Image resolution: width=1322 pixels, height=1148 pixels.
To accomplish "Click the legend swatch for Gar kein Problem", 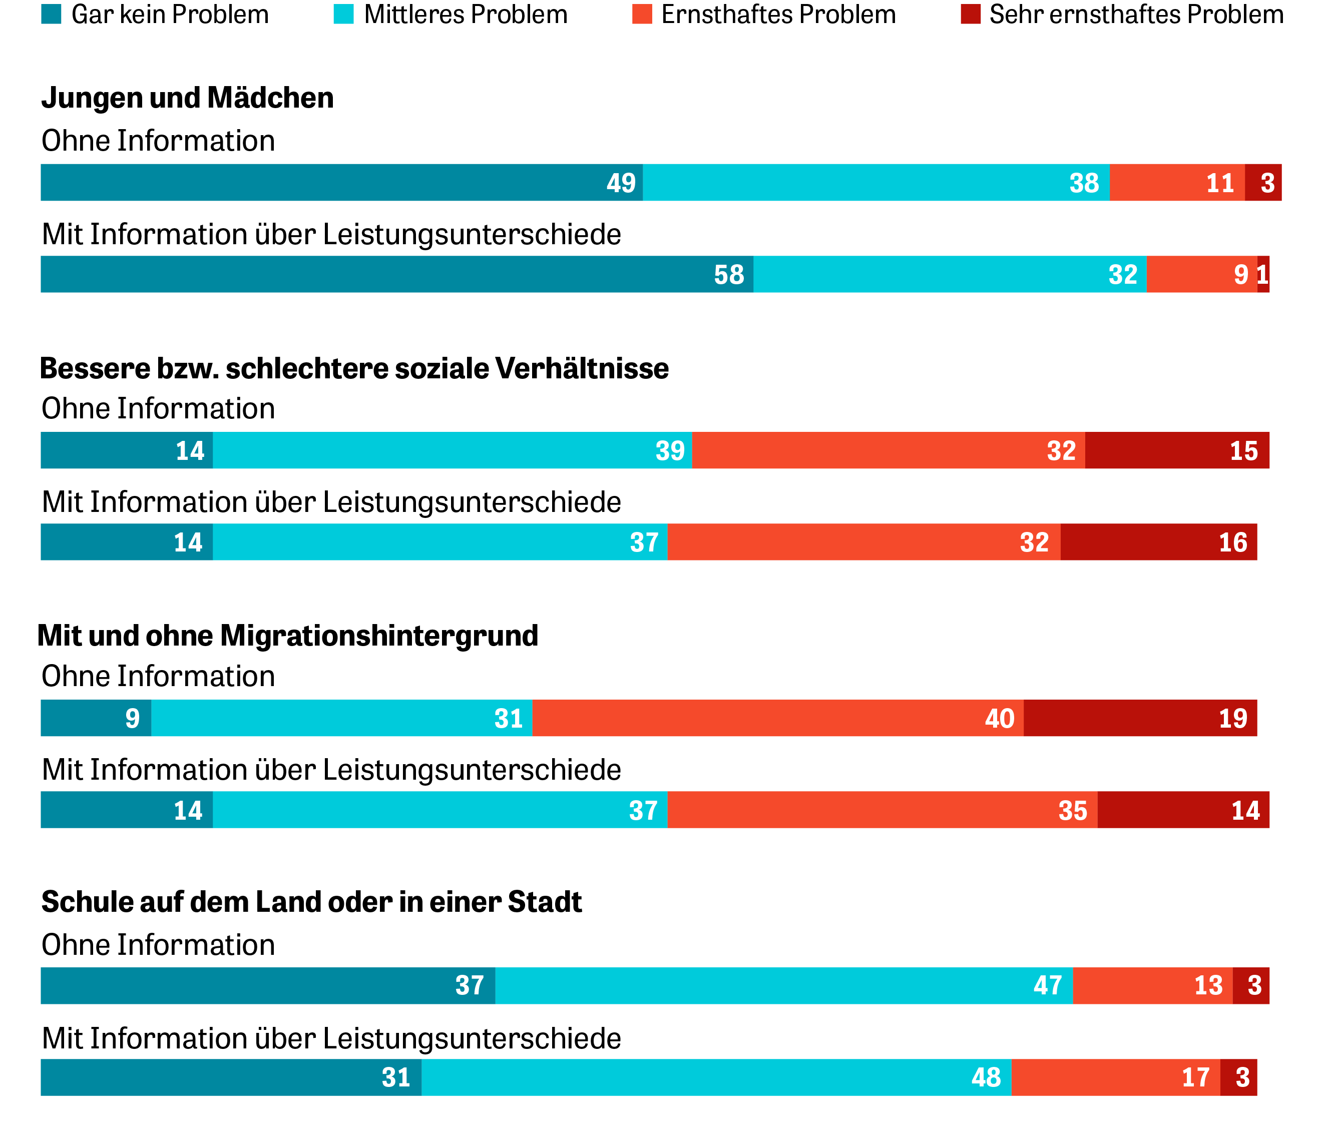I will [x=51, y=14].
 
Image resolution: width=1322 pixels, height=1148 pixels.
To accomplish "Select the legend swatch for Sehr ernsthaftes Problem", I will [x=970, y=14].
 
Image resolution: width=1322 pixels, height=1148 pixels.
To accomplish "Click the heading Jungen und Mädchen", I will [x=187, y=98].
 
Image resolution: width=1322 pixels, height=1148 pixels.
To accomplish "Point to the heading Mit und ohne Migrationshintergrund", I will [x=288, y=636].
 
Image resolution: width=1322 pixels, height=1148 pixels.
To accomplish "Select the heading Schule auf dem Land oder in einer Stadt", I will [x=311, y=902].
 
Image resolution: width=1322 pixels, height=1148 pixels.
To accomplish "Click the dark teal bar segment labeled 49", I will [x=341, y=183].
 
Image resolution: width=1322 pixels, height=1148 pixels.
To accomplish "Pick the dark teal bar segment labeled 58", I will [x=396, y=274].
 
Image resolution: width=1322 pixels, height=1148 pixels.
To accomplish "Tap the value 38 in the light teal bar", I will [x=1084, y=183].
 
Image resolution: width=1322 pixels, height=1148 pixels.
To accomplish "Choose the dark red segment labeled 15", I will [x=1176, y=450].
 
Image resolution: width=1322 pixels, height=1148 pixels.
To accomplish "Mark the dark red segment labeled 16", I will [x=1158, y=542].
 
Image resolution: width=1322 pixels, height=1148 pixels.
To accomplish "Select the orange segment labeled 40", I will [x=777, y=718].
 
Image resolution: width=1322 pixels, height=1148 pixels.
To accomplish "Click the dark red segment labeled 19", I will [x=1139, y=718].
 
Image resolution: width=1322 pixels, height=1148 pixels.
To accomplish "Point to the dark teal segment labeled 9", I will [x=96, y=718].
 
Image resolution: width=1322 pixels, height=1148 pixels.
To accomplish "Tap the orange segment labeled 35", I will [x=882, y=810].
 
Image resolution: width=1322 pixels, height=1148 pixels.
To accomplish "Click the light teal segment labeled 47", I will [x=784, y=985].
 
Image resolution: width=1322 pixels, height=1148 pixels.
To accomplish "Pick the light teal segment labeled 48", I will [x=716, y=1077].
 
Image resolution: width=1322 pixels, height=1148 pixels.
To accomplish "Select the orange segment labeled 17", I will [x=1115, y=1077].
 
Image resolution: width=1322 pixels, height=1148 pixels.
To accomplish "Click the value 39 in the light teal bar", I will [x=670, y=451].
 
